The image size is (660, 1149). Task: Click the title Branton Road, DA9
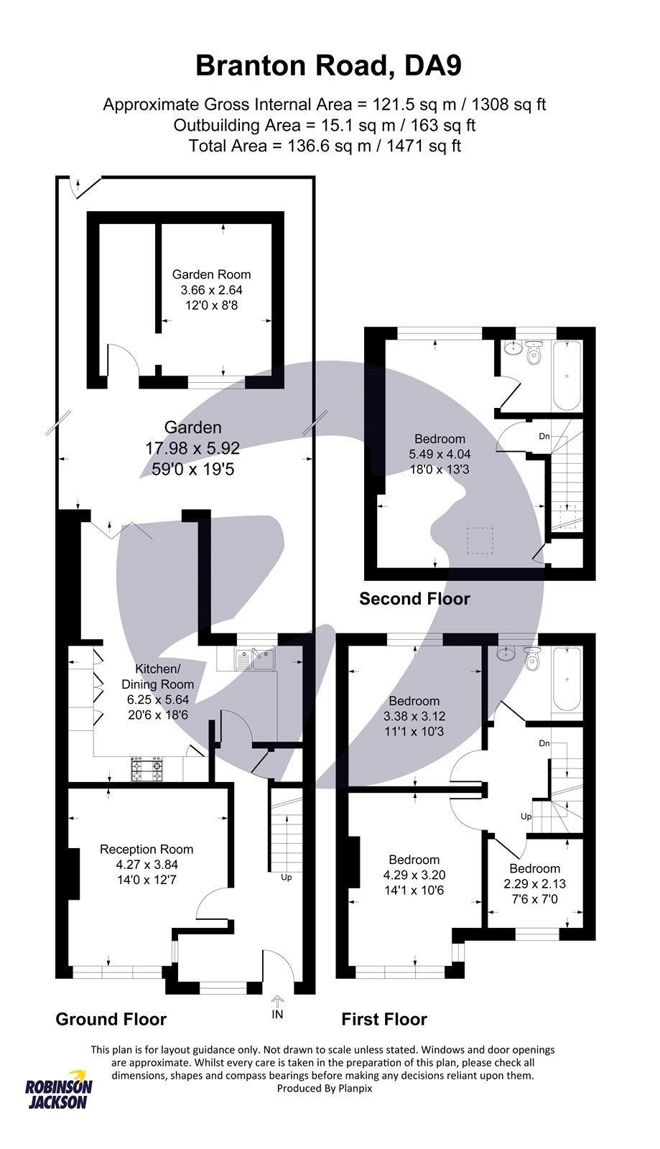pyautogui.click(x=328, y=66)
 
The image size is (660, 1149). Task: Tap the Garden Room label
pyautogui.click(x=211, y=274)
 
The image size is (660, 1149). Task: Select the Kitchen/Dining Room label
pyautogui.click(x=157, y=676)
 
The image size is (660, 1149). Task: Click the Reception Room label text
pyautogui.click(x=147, y=849)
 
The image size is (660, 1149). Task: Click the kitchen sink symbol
pyautogui.click(x=254, y=659)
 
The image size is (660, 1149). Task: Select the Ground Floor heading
pyautogui.click(x=111, y=1019)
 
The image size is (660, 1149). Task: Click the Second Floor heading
pyautogui.click(x=414, y=598)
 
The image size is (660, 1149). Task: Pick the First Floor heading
pyautogui.click(x=384, y=1019)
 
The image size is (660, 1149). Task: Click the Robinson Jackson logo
pyautogui.click(x=57, y=1095)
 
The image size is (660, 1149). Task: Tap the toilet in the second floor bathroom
pyautogui.click(x=534, y=355)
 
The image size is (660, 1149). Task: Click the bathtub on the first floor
pyautogui.click(x=567, y=679)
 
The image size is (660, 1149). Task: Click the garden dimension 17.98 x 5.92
pyautogui.click(x=192, y=448)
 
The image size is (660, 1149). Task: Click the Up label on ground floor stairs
pyautogui.click(x=287, y=877)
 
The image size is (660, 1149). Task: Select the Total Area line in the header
pyautogui.click(x=325, y=146)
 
